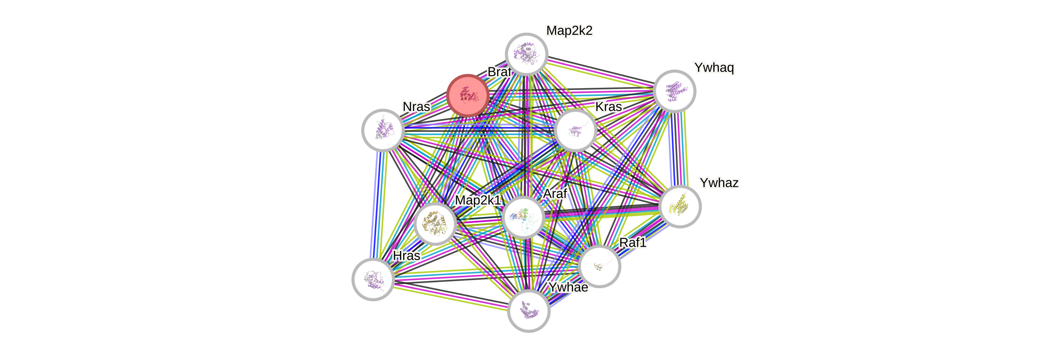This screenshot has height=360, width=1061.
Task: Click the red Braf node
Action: click(x=468, y=95)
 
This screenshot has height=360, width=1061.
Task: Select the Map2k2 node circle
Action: click(x=526, y=54)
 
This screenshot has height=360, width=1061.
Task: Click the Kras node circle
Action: click(x=576, y=130)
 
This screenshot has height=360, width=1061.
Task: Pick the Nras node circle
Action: click(x=383, y=130)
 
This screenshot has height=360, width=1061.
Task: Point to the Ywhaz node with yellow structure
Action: click(x=680, y=206)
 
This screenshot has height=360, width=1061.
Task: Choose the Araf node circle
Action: click(x=523, y=217)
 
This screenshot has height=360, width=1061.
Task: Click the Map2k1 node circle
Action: click(x=435, y=224)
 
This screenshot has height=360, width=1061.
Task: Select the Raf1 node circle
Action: click(x=599, y=266)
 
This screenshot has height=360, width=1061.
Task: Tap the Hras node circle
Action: click(x=373, y=279)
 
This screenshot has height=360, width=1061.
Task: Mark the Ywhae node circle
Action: click(x=529, y=311)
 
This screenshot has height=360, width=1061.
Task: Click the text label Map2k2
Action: click(x=569, y=30)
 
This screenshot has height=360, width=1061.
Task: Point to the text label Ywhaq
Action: click(x=713, y=67)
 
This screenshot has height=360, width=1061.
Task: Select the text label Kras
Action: click(x=608, y=107)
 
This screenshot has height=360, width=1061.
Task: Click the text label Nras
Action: click(x=416, y=107)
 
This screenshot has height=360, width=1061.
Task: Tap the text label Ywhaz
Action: click(x=719, y=182)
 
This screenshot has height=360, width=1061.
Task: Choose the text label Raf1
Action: click(x=633, y=243)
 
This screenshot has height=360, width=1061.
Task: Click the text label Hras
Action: click(x=406, y=256)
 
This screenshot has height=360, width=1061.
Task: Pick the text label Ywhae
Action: click(x=568, y=287)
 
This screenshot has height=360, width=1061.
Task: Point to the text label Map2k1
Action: click(x=478, y=200)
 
